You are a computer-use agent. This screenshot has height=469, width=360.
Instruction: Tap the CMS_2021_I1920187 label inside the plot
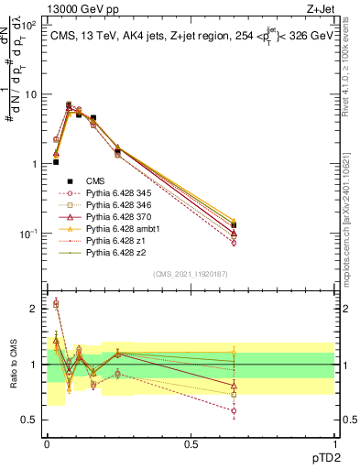click(190, 274)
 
